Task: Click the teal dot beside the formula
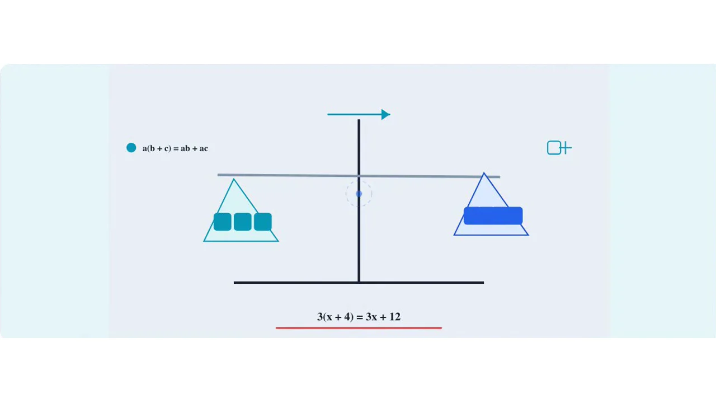pos(131,148)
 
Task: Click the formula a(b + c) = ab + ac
pos(175,148)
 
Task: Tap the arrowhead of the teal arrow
pos(386,115)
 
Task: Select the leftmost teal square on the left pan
pos(223,222)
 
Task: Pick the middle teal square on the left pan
pos(243,222)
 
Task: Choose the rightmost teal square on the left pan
pos(263,222)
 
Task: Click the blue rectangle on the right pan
pos(493,215)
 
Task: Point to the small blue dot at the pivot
pos(359,194)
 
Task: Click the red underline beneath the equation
pos(359,328)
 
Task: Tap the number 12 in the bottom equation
pos(395,317)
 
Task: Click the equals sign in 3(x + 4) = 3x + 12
pos(360,317)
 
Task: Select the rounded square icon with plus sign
pos(559,148)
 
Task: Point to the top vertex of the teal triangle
pos(234,179)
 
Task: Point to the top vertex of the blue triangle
pos(484,173)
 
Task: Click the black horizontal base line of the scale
pos(359,283)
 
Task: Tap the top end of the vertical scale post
pos(359,120)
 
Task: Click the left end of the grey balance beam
pos(218,175)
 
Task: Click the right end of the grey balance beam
pos(500,177)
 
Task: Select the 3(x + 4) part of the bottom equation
pos(335,317)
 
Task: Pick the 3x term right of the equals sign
pos(371,317)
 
